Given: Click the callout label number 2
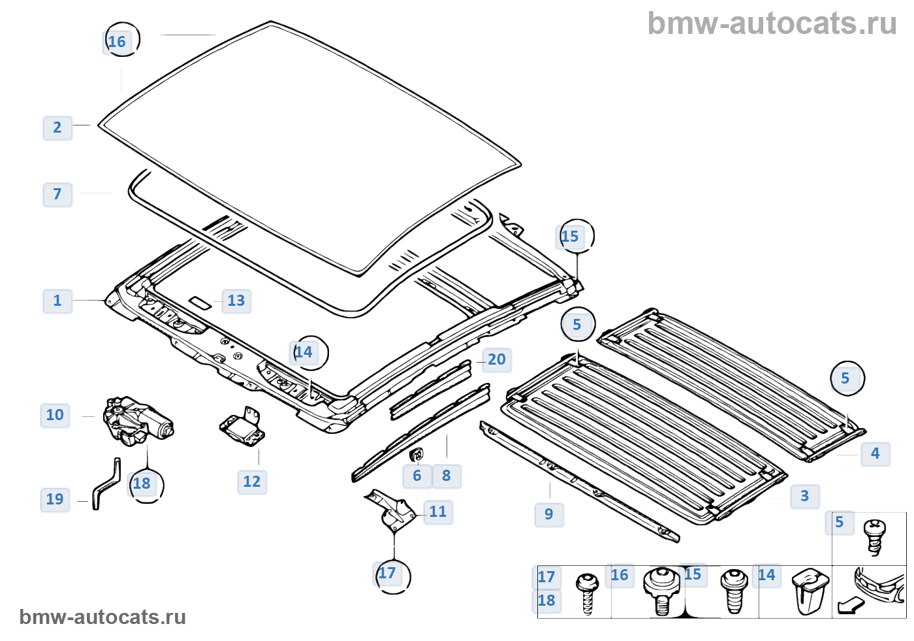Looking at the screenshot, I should [57, 127].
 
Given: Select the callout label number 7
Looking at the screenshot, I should [57, 194].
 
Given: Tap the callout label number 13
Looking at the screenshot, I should [236, 301].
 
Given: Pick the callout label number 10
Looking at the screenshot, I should [55, 415].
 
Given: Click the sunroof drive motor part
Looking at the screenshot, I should [138, 421].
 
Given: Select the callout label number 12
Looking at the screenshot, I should [251, 482].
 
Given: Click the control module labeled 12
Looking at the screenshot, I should [242, 428].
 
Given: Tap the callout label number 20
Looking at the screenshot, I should [496, 359].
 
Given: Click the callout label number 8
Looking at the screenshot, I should [447, 476].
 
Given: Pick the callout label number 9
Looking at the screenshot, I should [549, 514].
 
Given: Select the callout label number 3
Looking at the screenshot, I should [804, 496].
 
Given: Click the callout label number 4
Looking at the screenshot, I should [875, 453].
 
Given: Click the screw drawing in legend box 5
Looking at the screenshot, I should [874, 536].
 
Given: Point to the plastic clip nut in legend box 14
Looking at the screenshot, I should [810, 591].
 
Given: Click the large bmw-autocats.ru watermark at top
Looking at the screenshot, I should [772, 24].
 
